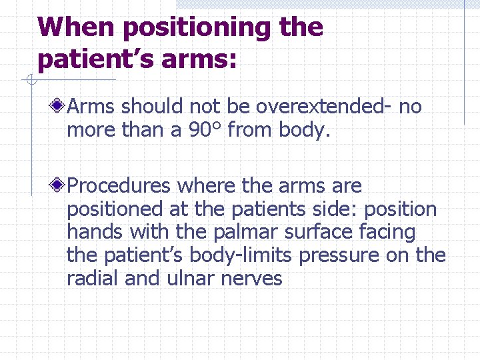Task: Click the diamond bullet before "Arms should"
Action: [59, 106]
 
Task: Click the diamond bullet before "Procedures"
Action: [59, 185]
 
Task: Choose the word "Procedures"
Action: [119, 185]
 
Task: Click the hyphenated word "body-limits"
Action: [245, 255]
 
